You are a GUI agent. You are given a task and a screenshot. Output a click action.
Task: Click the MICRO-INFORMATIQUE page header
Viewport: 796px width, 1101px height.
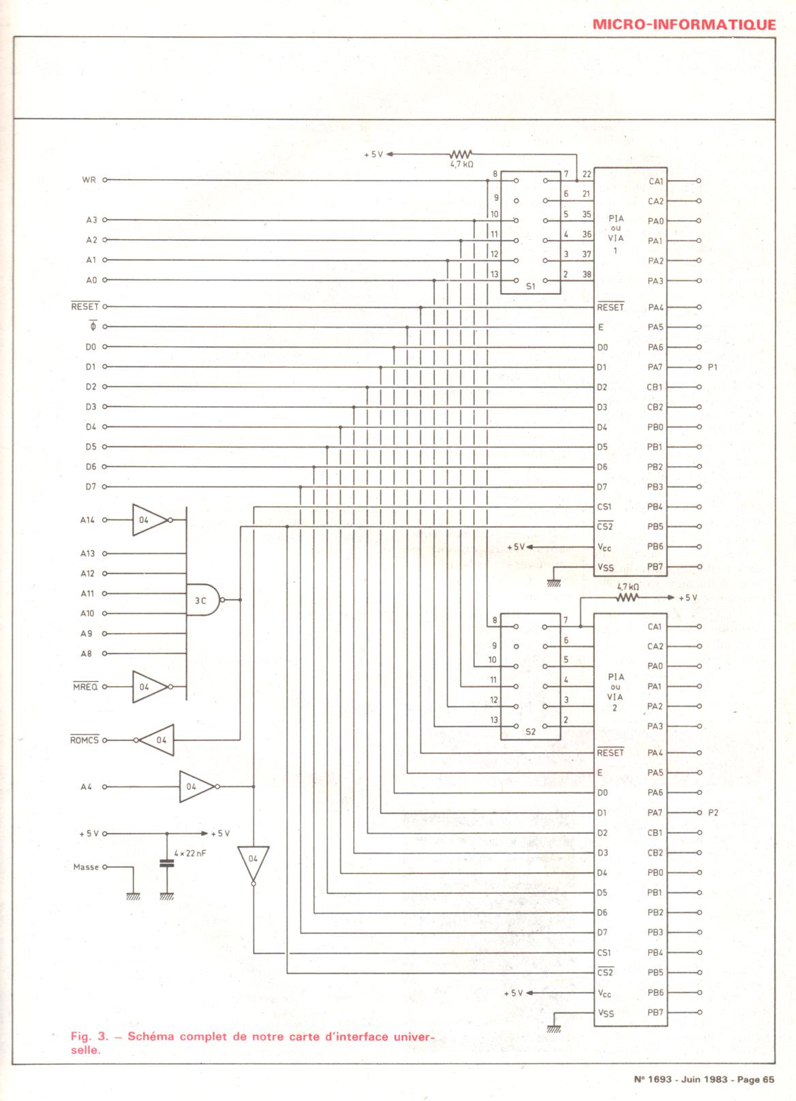click(x=684, y=25)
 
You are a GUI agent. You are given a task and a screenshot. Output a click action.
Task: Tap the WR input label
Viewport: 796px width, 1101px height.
click(x=89, y=181)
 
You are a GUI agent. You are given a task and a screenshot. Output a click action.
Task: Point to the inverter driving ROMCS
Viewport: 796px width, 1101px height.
click(x=158, y=740)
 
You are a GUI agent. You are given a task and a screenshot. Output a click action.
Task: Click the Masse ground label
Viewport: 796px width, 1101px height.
click(x=86, y=867)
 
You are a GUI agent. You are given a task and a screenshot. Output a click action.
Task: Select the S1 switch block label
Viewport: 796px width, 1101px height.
click(x=531, y=287)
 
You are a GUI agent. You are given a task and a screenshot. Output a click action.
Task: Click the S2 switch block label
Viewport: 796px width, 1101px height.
click(x=531, y=732)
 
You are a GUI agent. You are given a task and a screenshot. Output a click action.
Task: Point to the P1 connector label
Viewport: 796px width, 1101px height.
click(x=713, y=367)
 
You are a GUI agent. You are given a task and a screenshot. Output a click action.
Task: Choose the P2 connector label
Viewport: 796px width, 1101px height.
click(x=713, y=813)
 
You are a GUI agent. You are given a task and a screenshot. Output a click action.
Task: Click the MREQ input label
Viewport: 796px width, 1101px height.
click(x=85, y=687)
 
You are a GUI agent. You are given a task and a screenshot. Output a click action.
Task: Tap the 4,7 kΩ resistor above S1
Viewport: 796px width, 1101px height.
click(x=461, y=155)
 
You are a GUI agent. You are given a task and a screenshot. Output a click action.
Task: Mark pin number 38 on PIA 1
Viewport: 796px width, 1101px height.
click(x=586, y=274)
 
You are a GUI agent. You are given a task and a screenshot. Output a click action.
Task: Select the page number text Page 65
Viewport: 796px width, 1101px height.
click(x=756, y=1079)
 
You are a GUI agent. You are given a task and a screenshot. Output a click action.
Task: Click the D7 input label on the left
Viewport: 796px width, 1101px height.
click(x=91, y=487)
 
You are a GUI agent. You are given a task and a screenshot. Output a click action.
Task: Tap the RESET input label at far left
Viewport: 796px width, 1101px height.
click(x=85, y=307)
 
